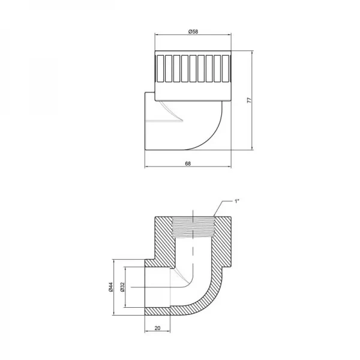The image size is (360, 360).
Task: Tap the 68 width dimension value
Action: click(x=188, y=163)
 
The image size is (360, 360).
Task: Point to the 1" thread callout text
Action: click(x=237, y=201)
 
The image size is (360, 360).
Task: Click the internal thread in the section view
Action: click(x=192, y=227)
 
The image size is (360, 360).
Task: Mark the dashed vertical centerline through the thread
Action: click(x=192, y=252)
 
